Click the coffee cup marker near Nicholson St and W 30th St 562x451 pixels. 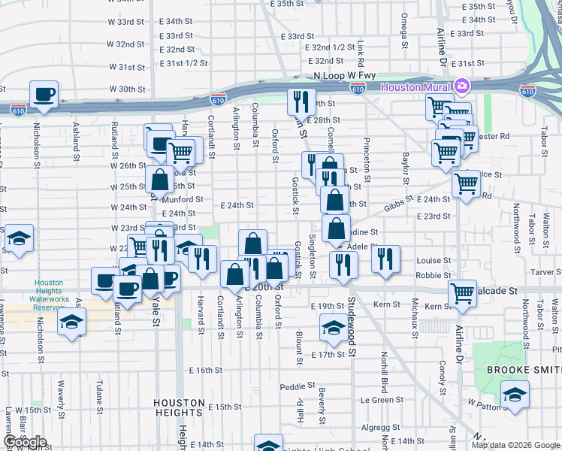click(x=44, y=95)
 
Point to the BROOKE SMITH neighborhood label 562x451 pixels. click(x=523, y=370)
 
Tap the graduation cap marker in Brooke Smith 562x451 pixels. click(x=515, y=394)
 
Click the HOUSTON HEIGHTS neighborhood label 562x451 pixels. click(x=179, y=407)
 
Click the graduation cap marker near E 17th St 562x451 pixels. click(x=333, y=327)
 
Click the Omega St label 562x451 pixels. click(x=404, y=29)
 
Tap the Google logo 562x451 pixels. click(x=25, y=441)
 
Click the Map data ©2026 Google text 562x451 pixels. click(x=514, y=445)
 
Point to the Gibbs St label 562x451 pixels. click(x=398, y=204)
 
